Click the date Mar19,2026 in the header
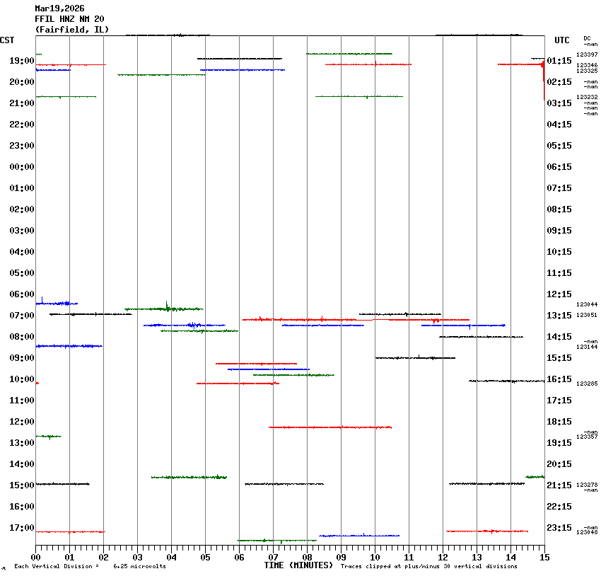pyautogui.click(x=59, y=8)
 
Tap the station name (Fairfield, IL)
pyautogui.click(x=67, y=30)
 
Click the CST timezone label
pyautogui.click(x=7, y=40)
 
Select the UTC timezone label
pyautogui.click(x=562, y=40)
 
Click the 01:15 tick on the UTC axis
pyautogui.click(x=559, y=61)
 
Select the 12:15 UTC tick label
pyautogui.click(x=559, y=294)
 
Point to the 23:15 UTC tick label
pyautogui.click(x=559, y=528)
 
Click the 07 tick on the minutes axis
pyautogui.click(x=273, y=558)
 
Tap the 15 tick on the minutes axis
pyautogui.click(x=544, y=558)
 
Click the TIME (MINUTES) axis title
pyautogui.click(x=298, y=565)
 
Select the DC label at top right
pyautogui.click(x=587, y=38)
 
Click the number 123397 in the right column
pyautogui.click(x=587, y=54)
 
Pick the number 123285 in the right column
pyautogui.click(x=587, y=384)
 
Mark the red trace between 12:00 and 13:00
pyautogui.click(x=329, y=427)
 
